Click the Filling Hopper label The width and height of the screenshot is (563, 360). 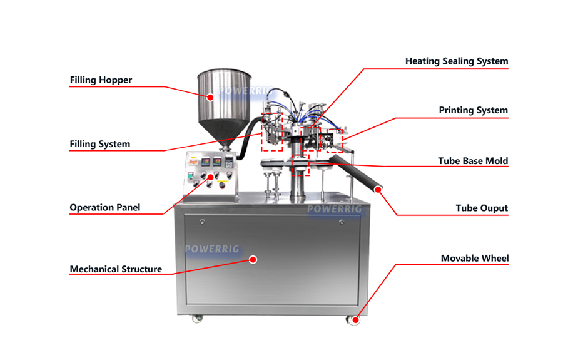(101, 80)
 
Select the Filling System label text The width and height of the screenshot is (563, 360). (100, 144)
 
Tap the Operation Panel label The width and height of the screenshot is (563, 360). (105, 207)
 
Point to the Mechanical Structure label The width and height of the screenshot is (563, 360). (116, 269)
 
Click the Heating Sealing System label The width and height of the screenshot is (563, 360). (457, 61)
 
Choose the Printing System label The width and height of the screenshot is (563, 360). (473, 110)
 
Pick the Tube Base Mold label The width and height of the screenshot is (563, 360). (473, 161)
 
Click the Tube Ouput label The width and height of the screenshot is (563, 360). (482, 208)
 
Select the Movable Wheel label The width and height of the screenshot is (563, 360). (475, 258)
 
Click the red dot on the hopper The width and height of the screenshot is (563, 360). (211, 97)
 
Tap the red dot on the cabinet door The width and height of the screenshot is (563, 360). (253, 259)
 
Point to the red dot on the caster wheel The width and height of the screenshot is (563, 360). (355, 321)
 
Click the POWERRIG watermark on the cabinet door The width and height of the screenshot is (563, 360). (212, 249)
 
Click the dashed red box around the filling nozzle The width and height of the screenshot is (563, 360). (271, 132)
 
